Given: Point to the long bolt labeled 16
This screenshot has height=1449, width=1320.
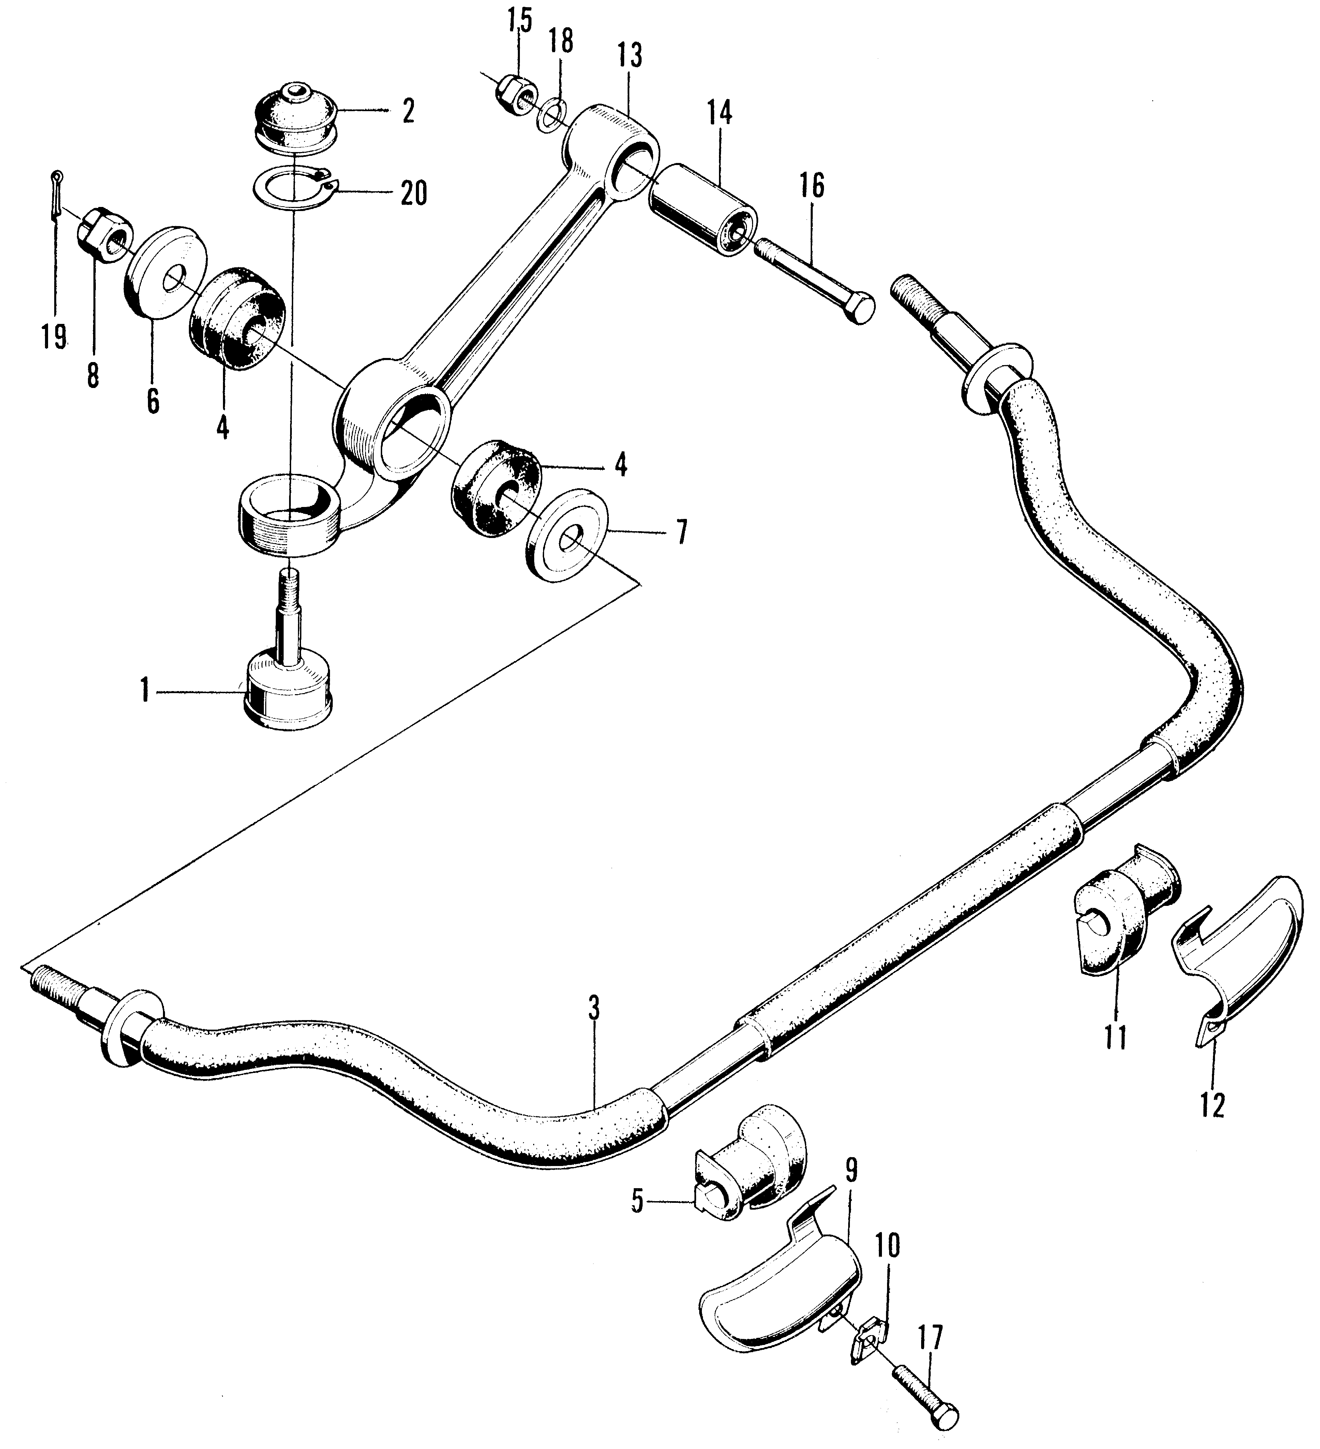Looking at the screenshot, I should (815, 284).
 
